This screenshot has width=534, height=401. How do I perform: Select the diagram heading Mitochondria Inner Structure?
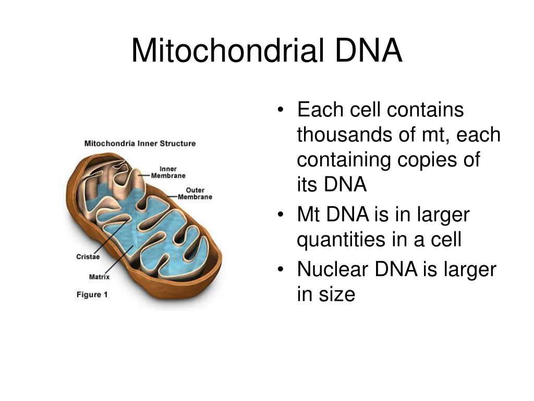[140, 143]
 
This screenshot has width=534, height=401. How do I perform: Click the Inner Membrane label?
[168, 172]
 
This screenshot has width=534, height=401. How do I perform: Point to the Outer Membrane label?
[195, 193]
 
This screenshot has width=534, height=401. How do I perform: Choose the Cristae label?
[88, 256]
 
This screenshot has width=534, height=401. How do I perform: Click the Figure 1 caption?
[92, 294]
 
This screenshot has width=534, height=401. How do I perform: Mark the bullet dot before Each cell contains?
[282, 110]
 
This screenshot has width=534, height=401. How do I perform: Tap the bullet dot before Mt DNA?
[282, 215]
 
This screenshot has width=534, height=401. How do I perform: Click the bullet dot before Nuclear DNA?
[282, 269]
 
